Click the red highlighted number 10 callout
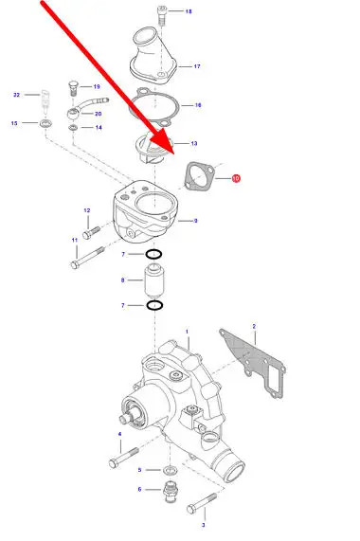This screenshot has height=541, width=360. [x=236, y=178]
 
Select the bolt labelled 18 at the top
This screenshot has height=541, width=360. [x=162, y=15]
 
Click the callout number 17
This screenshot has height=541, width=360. [x=197, y=66]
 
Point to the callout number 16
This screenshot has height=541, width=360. [x=198, y=105]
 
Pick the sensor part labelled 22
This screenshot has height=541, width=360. [x=45, y=99]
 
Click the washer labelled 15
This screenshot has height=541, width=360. [x=45, y=123]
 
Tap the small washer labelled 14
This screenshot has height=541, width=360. [x=73, y=128]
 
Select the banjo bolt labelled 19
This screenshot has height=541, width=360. [x=74, y=87]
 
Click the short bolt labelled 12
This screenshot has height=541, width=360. [x=91, y=232]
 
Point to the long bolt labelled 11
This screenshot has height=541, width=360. [x=87, y=258]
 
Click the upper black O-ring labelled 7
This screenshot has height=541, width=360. [x=153, y=255]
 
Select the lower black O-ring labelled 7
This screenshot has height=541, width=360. [x=154, y=305]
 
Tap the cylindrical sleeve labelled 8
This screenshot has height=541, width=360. [x=153, y=280]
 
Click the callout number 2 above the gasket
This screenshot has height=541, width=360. [x=254, y=326]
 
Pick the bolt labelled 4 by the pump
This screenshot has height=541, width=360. [x=124, y=458]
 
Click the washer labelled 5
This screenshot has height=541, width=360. [x=169, y=470]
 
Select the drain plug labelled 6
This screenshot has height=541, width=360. [x=170, y=492]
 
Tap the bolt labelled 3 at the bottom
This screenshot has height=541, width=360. [x=202, y=503]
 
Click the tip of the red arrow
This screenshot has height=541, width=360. [x=174, y=153]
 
